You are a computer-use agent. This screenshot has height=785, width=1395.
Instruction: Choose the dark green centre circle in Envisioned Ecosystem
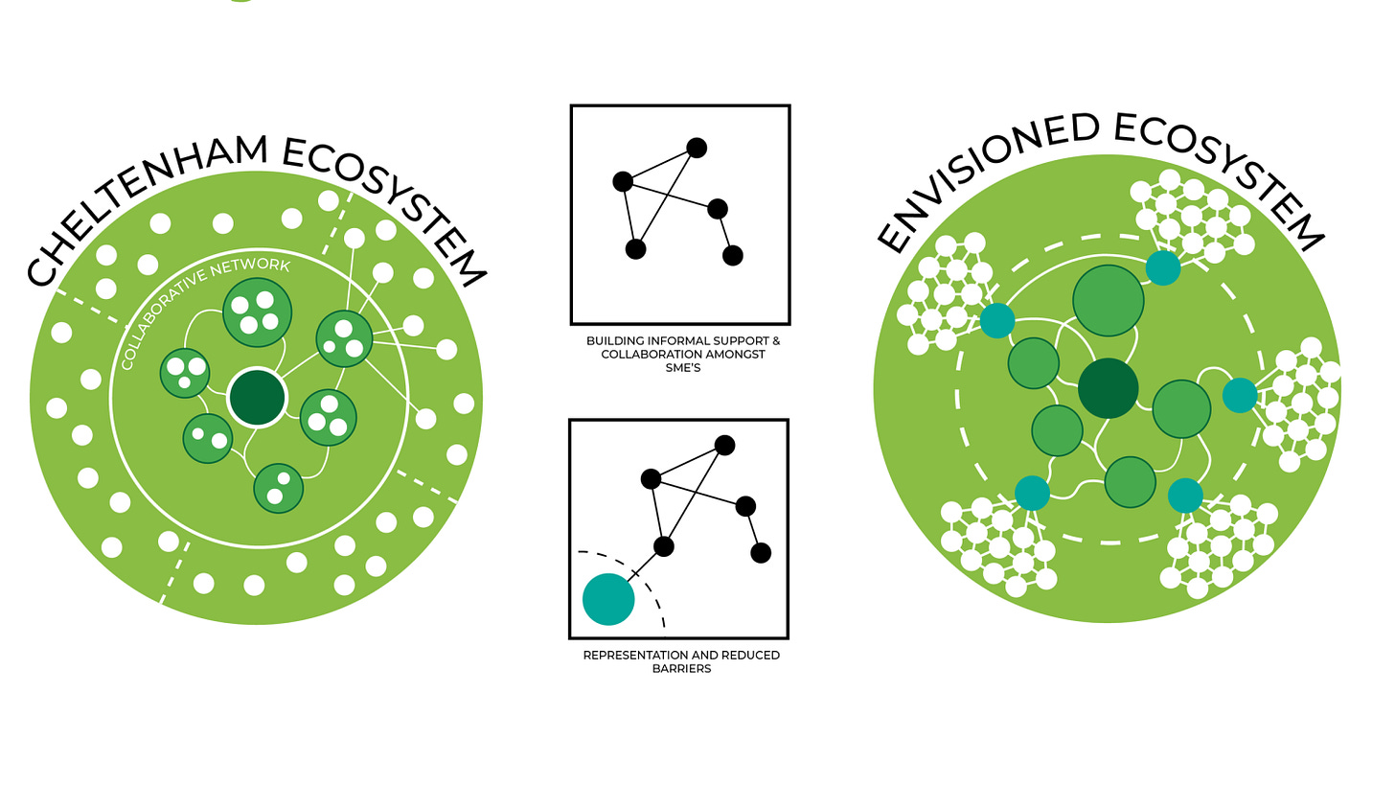pos(1108,388)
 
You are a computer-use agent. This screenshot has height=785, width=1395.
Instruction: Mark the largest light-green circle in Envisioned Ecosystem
pos(1109,300)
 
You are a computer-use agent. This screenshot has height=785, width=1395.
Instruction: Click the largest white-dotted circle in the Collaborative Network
pos(256,311)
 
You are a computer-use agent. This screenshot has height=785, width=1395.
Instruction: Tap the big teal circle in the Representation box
pos(608,599)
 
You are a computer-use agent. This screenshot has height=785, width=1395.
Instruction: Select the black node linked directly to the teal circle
pos(663,546)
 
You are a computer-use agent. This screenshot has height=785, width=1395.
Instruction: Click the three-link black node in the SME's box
pos(623,180)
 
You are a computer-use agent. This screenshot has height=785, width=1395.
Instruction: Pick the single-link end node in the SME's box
pos(733,255)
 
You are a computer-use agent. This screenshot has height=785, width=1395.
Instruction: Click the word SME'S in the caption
pos(683,368)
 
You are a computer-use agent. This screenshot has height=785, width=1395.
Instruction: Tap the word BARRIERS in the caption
pos(681,669)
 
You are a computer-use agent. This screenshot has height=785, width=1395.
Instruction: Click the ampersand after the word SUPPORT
pos(775,341)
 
